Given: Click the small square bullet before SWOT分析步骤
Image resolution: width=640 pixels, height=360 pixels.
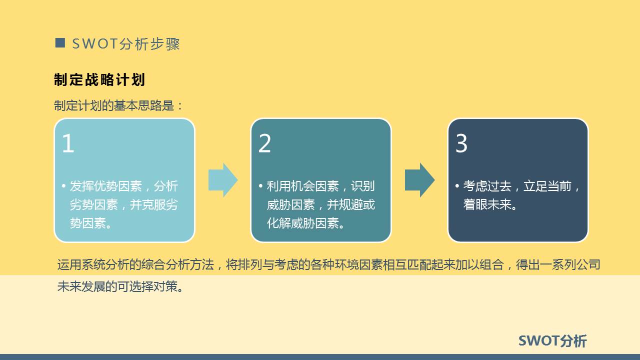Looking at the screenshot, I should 60,43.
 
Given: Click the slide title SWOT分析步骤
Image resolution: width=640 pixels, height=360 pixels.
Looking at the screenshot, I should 125,44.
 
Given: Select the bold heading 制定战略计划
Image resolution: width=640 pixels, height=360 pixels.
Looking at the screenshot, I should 99,80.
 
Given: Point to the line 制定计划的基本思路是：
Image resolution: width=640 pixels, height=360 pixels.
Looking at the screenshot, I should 119,105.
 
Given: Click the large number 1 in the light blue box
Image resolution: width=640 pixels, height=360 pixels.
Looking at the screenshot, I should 68,143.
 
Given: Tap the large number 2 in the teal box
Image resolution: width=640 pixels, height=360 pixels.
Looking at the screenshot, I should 264,143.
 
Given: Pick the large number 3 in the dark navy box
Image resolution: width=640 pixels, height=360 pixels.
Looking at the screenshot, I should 461,143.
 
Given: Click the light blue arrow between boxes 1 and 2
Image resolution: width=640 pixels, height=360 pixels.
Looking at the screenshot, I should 222,180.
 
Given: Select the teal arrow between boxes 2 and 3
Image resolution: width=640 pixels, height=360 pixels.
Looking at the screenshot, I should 419,180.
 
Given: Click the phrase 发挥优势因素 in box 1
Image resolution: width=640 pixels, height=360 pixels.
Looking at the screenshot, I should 106,186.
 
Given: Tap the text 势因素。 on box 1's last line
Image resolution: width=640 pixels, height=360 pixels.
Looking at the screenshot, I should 90,223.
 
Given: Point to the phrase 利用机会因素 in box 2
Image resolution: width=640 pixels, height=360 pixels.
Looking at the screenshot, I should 302,186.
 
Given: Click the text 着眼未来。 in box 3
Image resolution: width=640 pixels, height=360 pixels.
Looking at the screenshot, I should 490,205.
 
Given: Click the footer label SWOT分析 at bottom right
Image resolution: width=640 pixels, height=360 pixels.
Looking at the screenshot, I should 552,341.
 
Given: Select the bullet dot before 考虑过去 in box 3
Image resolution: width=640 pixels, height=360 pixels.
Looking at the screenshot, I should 457,186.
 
